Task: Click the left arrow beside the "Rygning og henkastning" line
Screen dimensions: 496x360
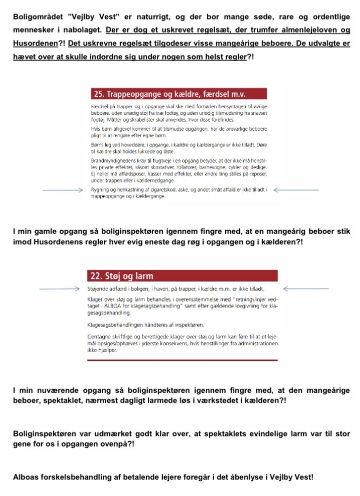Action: click(63, 190)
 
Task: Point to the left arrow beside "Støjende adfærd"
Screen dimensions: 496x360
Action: click(59, 289)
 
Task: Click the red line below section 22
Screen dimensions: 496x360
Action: click(182, 360)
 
